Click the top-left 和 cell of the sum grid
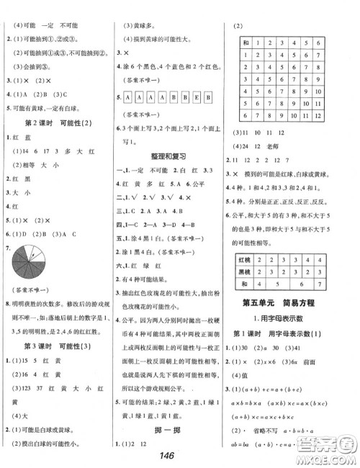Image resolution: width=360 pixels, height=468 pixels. click(x=246, y=45)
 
